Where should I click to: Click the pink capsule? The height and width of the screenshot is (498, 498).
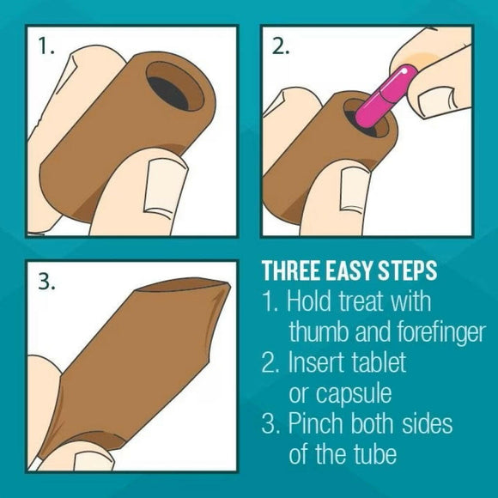point(386,97)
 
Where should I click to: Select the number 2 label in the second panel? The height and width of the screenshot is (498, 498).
point(281,46)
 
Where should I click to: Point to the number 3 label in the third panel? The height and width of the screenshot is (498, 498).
point(46,281)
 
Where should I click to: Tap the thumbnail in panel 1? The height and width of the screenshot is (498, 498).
point(165,188)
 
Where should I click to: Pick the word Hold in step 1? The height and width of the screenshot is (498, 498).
point(309,301)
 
